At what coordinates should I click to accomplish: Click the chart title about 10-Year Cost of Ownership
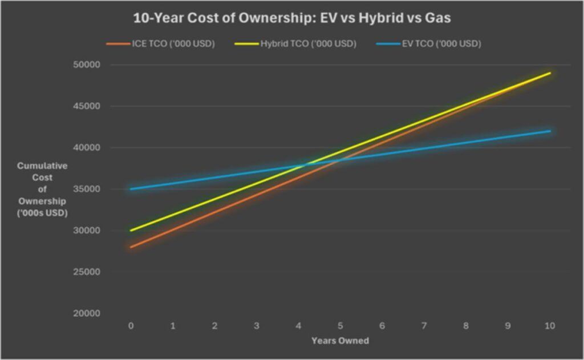(292, 18)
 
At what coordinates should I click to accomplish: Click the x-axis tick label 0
(131, 325)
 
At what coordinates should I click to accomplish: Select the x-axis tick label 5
(340, 325)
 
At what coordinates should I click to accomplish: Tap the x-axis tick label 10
(550, 325)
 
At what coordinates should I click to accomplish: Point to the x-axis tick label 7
(424, 325)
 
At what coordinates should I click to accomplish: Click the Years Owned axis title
(340, 341)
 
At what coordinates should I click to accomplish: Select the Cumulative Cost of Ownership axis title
(42, 189)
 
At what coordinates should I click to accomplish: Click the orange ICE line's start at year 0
(131, 247)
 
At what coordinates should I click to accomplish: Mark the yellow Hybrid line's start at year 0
(131, 230)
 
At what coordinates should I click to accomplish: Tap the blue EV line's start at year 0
(131, 189)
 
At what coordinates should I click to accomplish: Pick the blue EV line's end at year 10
(550, 131)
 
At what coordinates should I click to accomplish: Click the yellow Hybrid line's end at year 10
(550, 73)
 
